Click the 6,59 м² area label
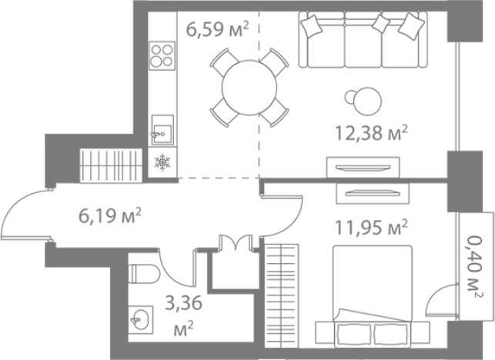pos(218,29)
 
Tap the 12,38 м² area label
pos(371,133)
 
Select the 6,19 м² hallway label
pos(109,216)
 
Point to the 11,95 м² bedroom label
pos(371,228)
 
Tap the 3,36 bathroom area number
pos(184,303)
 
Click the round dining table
pos(249,88)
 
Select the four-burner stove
pos(162,55)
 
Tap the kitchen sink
pos(162,130)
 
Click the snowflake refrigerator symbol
pos(162,162)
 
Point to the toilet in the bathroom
pos(144,274)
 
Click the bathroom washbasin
pos(141,320)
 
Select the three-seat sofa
pos(363,40)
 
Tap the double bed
pos(373,297)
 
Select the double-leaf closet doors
pos(236,242)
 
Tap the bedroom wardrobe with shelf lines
pos(281,296)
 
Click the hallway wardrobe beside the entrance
pos(109,165)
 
